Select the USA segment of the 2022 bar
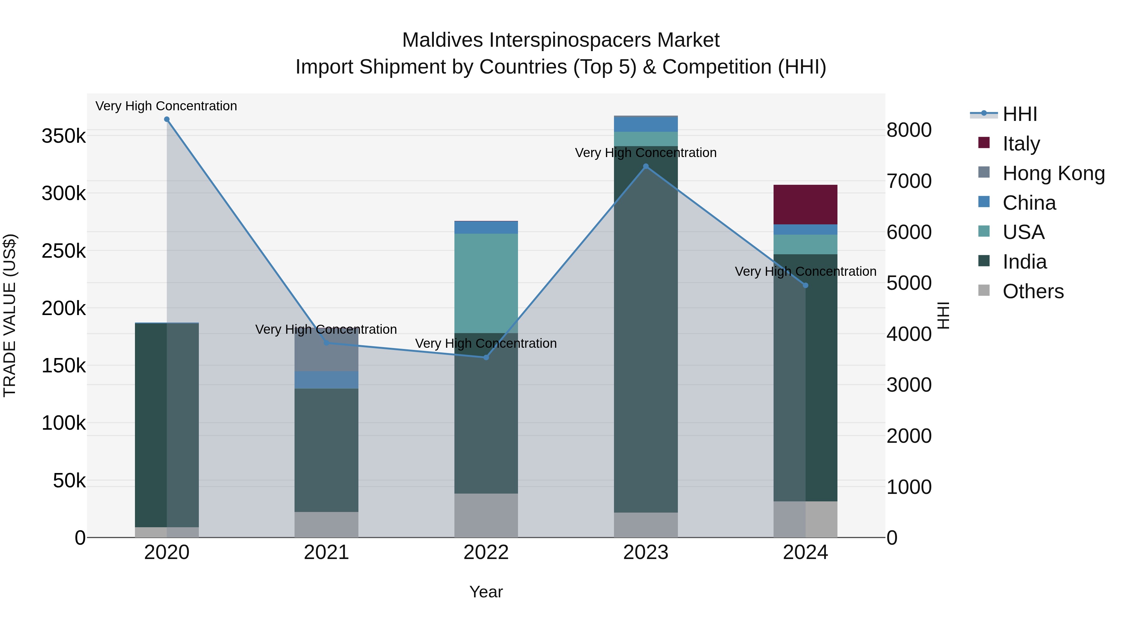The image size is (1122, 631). (x=486, y=283)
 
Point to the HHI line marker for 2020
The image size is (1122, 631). (x=167, y=119)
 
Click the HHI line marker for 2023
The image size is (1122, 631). (x=646, y=166)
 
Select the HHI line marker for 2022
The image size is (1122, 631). (x=486, y=357)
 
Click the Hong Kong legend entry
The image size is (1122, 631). (x=1053, y=173)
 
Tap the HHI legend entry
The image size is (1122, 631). (x=1019, y=114)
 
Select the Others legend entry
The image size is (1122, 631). (x=1032, y=291)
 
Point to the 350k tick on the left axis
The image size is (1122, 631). (x=64, y=136)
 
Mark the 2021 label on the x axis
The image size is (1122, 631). (x=326, y=552)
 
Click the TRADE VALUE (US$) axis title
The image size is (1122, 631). (x=10, y=315)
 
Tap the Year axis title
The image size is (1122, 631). (x=486, y=592)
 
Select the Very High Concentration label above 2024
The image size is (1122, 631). (x=805, y=271)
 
